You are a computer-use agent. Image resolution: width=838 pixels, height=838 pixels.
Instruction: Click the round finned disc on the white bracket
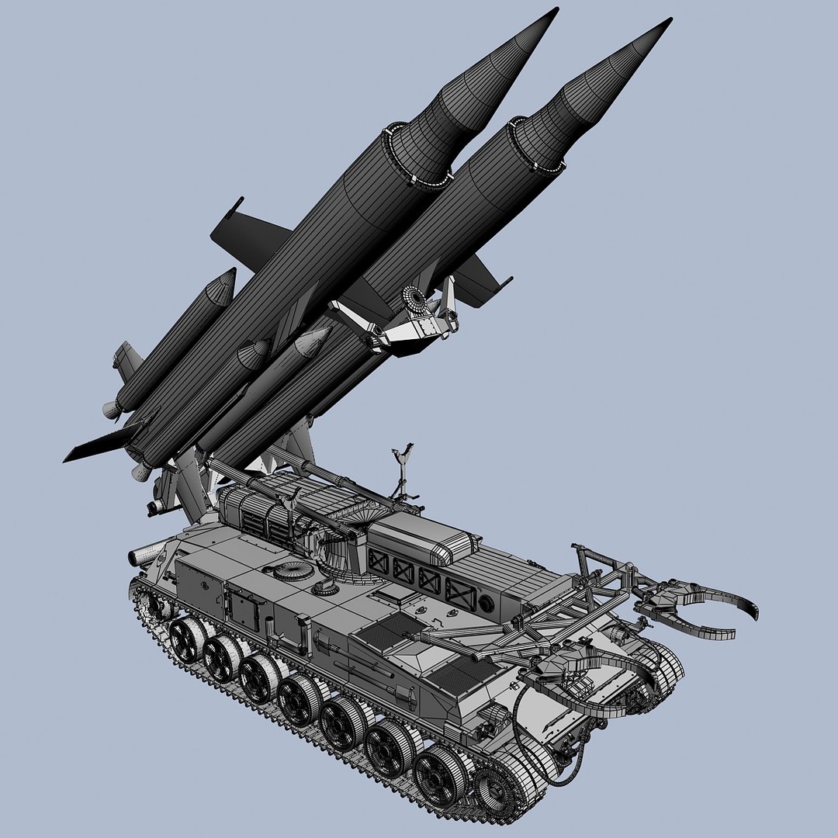click(417, 298)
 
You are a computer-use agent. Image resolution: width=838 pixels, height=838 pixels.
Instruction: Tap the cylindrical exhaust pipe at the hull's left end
click(144, 556)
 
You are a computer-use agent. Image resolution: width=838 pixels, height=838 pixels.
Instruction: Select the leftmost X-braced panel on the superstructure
click(379, 561)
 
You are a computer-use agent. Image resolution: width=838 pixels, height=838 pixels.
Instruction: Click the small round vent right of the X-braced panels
click(486, 603)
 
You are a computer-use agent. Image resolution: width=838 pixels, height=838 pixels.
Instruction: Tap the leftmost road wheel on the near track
click(186, 639)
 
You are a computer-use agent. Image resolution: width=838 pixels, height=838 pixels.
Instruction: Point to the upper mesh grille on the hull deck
click(391, 631)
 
